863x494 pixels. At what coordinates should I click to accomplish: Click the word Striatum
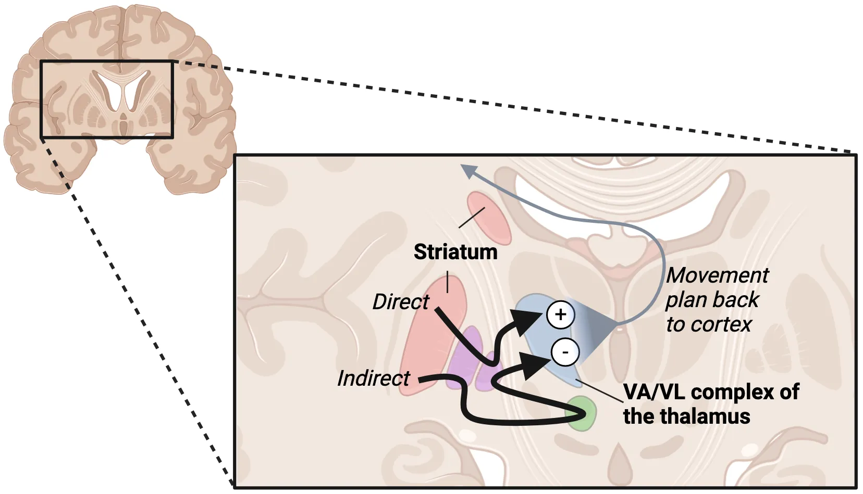pyautogui.click(x=455, y=252)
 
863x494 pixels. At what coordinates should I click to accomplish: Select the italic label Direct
pyautogui.click(x=400, y=302)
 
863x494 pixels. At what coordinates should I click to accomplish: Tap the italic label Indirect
pyautogui.click(x=373, y=378)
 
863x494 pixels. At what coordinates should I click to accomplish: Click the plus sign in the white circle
pyautogui.click(x=560, y=314)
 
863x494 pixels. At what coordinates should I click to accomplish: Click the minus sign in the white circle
pyautogui.click(x=565, y=352)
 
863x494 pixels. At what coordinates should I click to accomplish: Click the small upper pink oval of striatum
pyautogui.click(x=489, y=218)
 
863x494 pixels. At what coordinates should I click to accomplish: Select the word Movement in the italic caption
pyautogui.click(x=717, y=275)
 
